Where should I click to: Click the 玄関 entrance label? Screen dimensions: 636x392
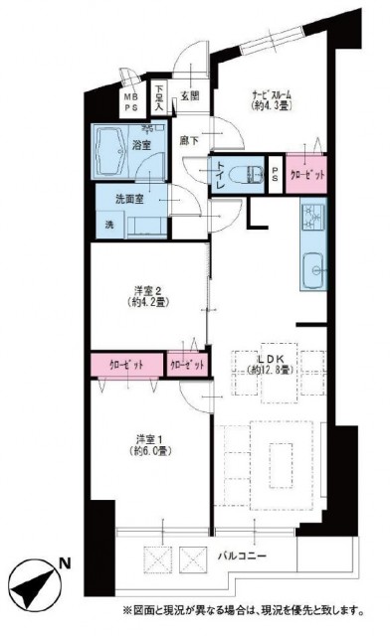(190, 96)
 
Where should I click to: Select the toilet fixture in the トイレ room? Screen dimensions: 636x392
(245, 172)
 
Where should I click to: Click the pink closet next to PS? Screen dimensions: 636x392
(305, 172)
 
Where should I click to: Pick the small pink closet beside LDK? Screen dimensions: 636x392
(187, 365)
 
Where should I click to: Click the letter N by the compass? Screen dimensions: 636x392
(64, 563)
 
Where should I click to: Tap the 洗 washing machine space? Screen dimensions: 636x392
(109, 224)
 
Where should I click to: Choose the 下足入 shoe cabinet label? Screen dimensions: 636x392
(160, 96)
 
